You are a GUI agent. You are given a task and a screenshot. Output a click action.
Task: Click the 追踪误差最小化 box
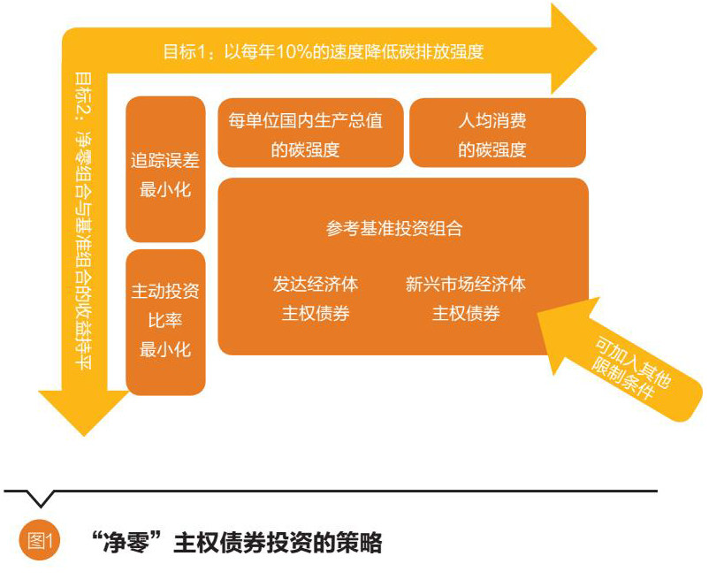(165, 170)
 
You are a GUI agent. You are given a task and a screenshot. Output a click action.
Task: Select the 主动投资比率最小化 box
(165, 323)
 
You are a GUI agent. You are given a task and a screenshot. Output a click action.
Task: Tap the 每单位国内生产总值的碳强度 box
(310, 133)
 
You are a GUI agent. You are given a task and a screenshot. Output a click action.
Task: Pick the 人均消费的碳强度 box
(498, 133)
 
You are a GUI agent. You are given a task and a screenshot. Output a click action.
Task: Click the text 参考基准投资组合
(393, 228)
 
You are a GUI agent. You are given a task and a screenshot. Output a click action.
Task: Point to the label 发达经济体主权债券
(316, 298)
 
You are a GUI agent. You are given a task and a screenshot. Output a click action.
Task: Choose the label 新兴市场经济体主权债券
(466, 298)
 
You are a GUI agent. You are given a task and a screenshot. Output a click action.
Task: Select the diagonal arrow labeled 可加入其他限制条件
(616, 358)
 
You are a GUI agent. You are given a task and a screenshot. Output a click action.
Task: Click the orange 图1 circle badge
(40, 540)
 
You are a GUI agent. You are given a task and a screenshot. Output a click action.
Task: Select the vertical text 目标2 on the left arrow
(84, 94)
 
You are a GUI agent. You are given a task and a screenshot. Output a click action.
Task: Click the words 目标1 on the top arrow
(186, 52)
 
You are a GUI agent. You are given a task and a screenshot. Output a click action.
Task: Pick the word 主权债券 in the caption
(220, 543)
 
